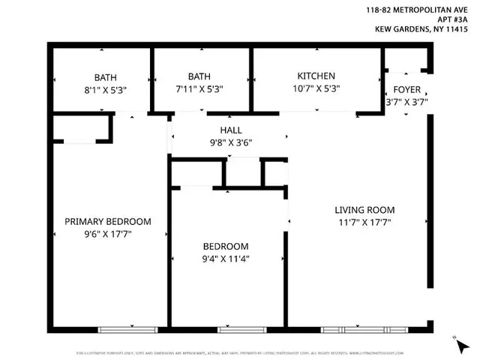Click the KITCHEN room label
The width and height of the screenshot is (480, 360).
(x=316, y=76)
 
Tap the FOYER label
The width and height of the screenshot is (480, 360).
(x=406, y=88)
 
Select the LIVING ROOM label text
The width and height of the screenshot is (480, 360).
(x=364, y=210)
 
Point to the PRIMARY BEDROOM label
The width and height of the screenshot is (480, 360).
(x=107, y=222)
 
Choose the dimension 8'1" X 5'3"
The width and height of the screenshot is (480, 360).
(x=104, y=90)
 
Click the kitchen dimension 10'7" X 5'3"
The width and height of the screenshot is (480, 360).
(x=316, y=88)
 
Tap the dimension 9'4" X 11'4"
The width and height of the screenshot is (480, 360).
(x=226, y=259)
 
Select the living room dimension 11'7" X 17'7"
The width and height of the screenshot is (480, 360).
(x=364, y=223)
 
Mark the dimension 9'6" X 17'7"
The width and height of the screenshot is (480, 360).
(x=107, y=235)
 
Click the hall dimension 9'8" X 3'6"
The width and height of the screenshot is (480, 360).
(x=230, y=142)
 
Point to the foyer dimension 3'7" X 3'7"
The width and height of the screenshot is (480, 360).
(x=406, y=102)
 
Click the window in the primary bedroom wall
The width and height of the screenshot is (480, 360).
(x=128, y=328)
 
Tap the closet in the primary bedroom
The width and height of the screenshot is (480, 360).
(x=82, y=129)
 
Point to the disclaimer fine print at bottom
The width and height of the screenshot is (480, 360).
(x=240, y=352)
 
